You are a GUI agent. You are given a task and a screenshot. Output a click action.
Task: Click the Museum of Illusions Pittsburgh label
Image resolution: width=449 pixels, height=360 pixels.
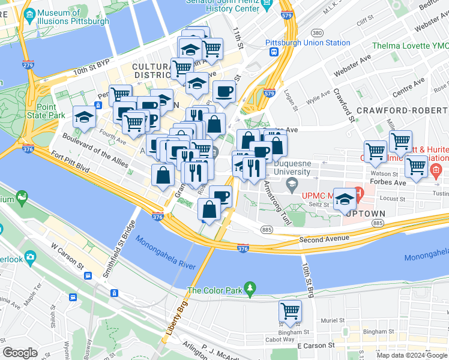coord(73,16)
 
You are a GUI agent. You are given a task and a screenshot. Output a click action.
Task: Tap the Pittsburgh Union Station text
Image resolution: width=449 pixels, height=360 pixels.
coord(307,43)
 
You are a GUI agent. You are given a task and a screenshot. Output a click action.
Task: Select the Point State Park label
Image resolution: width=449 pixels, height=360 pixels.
coord(42,109)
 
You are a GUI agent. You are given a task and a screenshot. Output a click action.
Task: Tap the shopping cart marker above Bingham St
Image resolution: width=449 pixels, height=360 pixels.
coord(290,311)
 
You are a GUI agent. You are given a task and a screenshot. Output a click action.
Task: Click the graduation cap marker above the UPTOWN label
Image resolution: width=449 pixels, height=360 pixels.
coord(345,199)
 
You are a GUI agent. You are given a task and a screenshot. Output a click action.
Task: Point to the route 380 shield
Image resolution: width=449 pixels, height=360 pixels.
coord(317,32)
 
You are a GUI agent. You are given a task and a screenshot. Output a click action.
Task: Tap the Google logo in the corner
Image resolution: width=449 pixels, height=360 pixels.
coord(20,353)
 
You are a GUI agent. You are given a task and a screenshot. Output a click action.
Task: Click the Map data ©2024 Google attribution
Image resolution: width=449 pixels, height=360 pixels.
coord(412,355)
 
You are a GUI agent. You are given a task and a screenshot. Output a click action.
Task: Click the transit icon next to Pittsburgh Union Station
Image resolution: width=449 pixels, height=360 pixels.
coord(273,52)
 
